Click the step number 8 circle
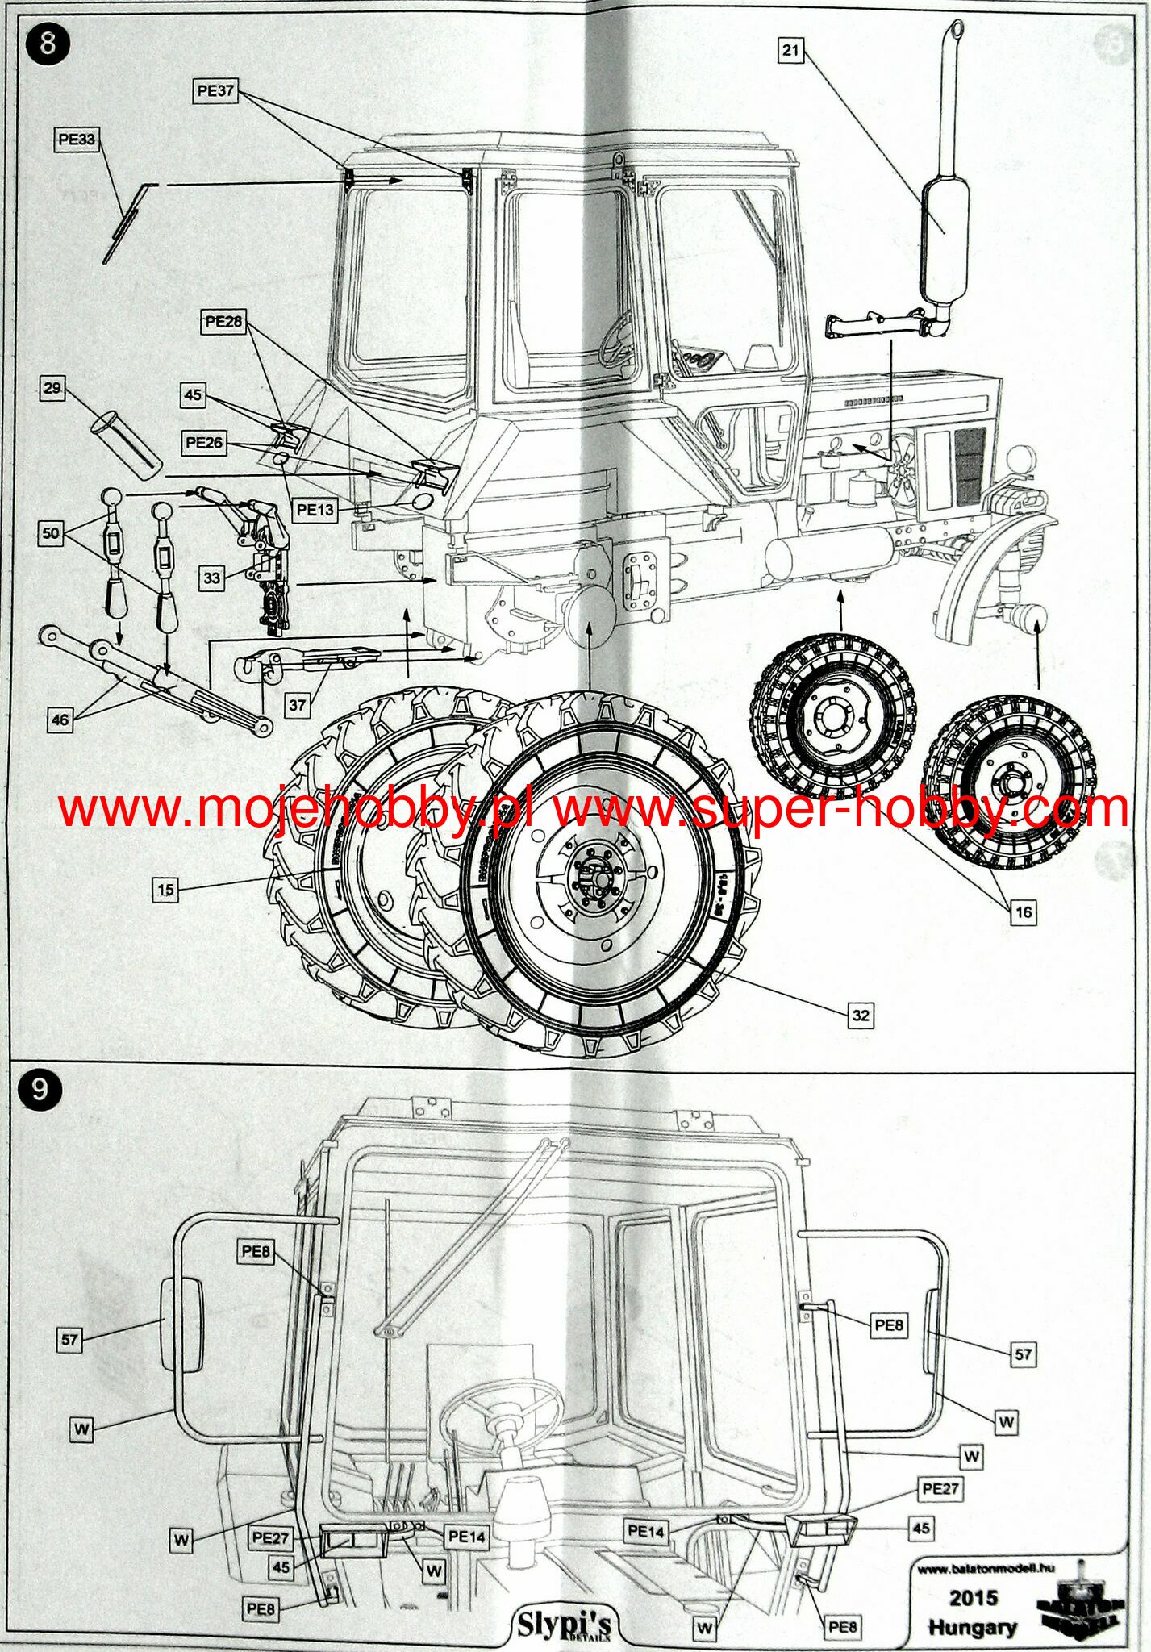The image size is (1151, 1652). click(48, 43)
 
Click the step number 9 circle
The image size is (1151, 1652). click(39, 1090)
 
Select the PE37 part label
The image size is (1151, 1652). click(215, 91)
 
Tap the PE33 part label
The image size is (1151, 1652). click(77, 140)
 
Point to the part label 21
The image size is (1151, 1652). click(790, 50)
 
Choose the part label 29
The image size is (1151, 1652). click(52, 388)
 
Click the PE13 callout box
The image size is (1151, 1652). click(315, 509)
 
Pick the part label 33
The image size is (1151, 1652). click(211, 578)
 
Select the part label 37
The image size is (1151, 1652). click(298, 704)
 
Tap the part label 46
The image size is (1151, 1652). click(60, 719)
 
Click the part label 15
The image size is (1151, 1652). click(165, 890)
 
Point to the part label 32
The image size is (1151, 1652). click(861, 1015)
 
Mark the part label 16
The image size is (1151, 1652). click(1023, 912)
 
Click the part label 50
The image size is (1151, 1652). click(51, 533)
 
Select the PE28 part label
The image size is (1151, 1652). click(223, 322)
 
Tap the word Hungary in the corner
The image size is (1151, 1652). click(972, 1627)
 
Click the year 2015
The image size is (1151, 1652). click(973, 1597)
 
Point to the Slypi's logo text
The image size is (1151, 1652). click(564, 1624)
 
